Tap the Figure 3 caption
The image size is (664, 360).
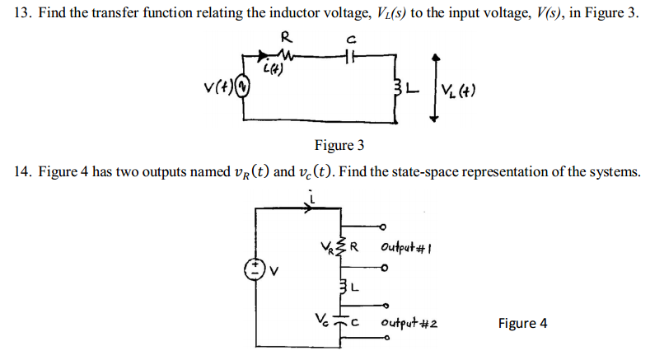[x=339, y=146]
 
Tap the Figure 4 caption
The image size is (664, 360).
[x=522, y=323]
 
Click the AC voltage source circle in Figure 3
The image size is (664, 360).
[x=241, y=85]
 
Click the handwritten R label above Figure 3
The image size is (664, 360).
[x=286, y=36]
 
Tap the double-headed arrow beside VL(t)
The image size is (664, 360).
[x=434, y=84]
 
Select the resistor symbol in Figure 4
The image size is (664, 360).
[x=345, y=245]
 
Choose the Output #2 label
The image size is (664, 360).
[x=409, y=324]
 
